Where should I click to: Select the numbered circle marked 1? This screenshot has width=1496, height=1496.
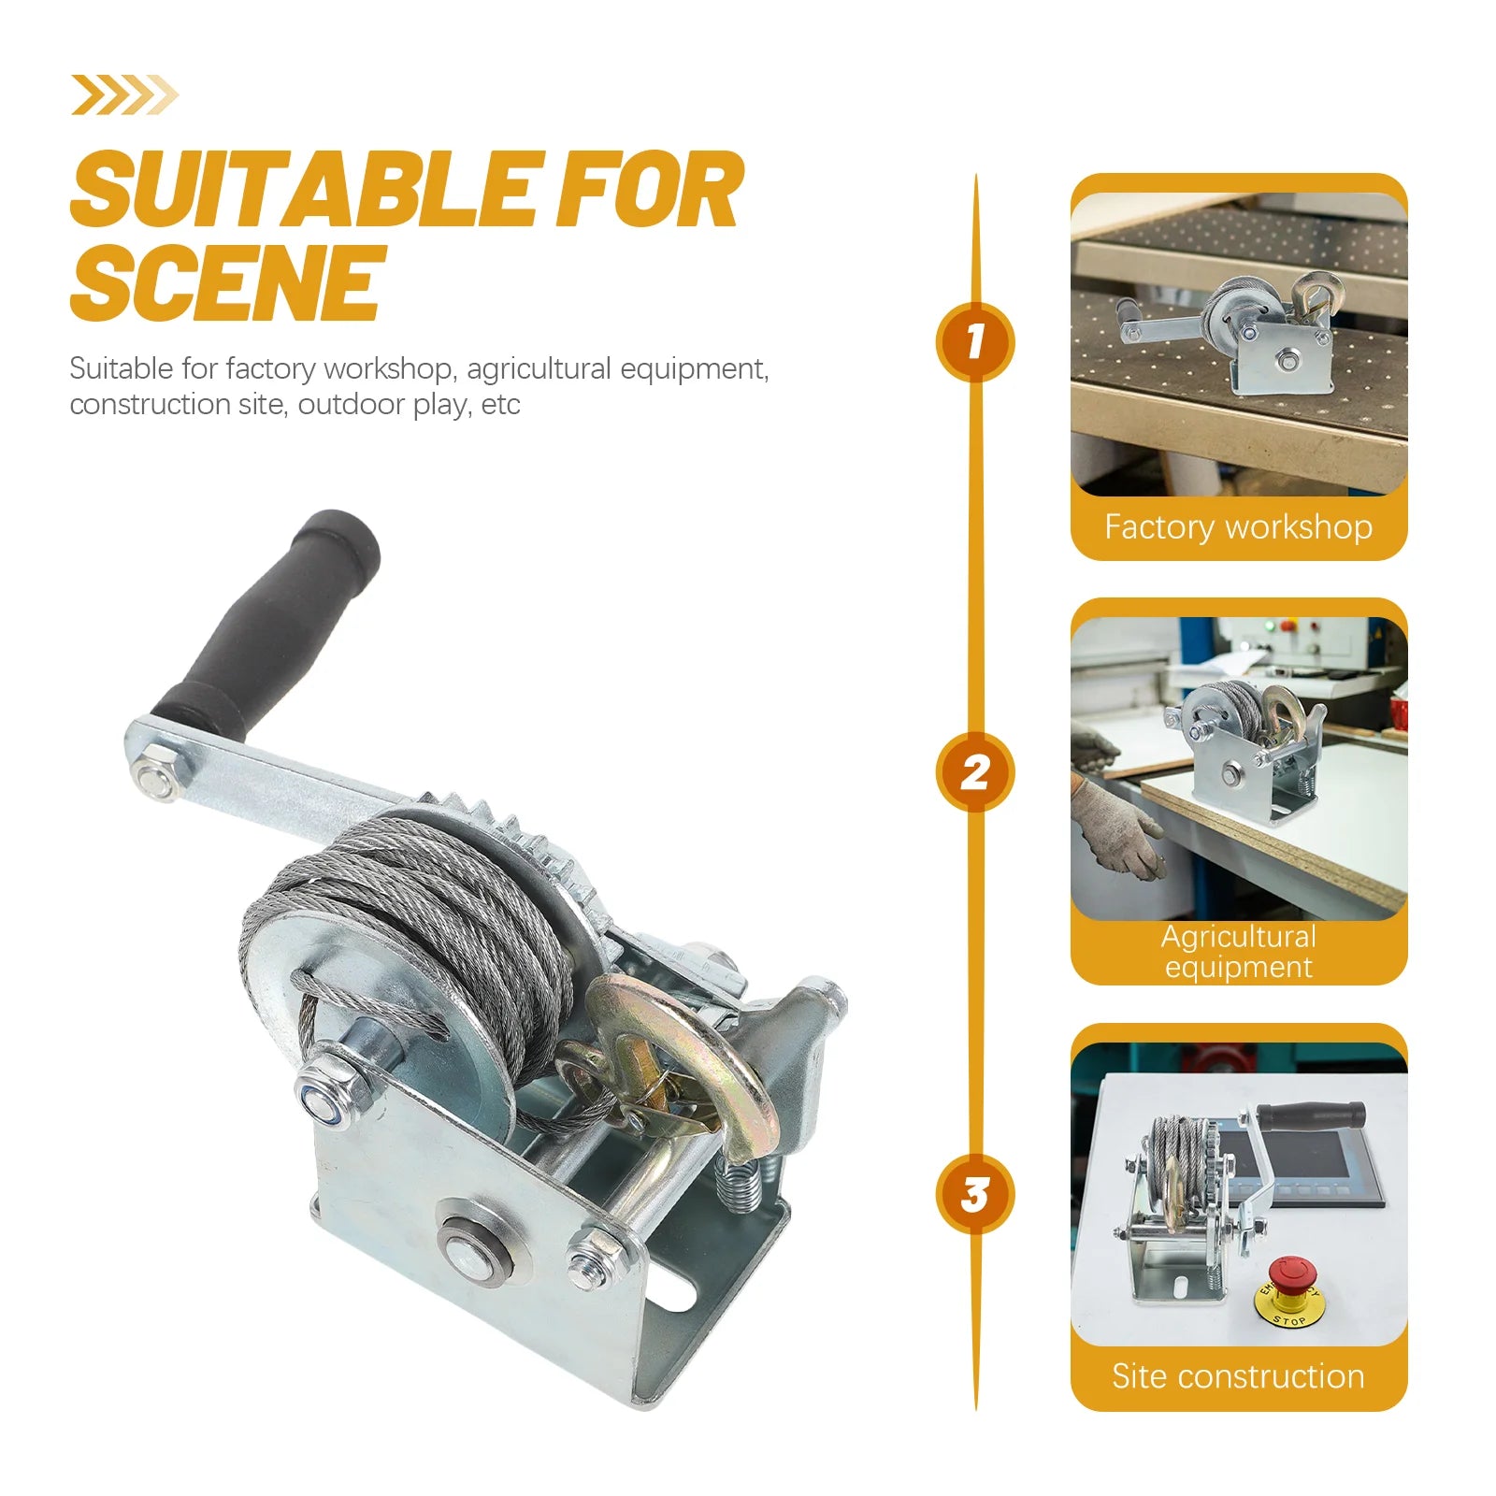click(x=974, y=341)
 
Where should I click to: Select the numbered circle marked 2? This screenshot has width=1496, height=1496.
click(x=974, y=772)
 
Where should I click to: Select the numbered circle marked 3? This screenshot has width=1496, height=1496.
click(x=974, y=1194)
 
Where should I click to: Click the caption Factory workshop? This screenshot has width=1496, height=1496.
click(x=1238, y=526)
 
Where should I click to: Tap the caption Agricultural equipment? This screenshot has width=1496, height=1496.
click(x=1238, y=951)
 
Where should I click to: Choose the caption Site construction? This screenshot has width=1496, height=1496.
click(x=1238, y=1376)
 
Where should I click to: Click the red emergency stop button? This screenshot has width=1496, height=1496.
click(x=1294, y=1273)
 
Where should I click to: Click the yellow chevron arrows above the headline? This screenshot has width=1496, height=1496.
click(x=123, y=95)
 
